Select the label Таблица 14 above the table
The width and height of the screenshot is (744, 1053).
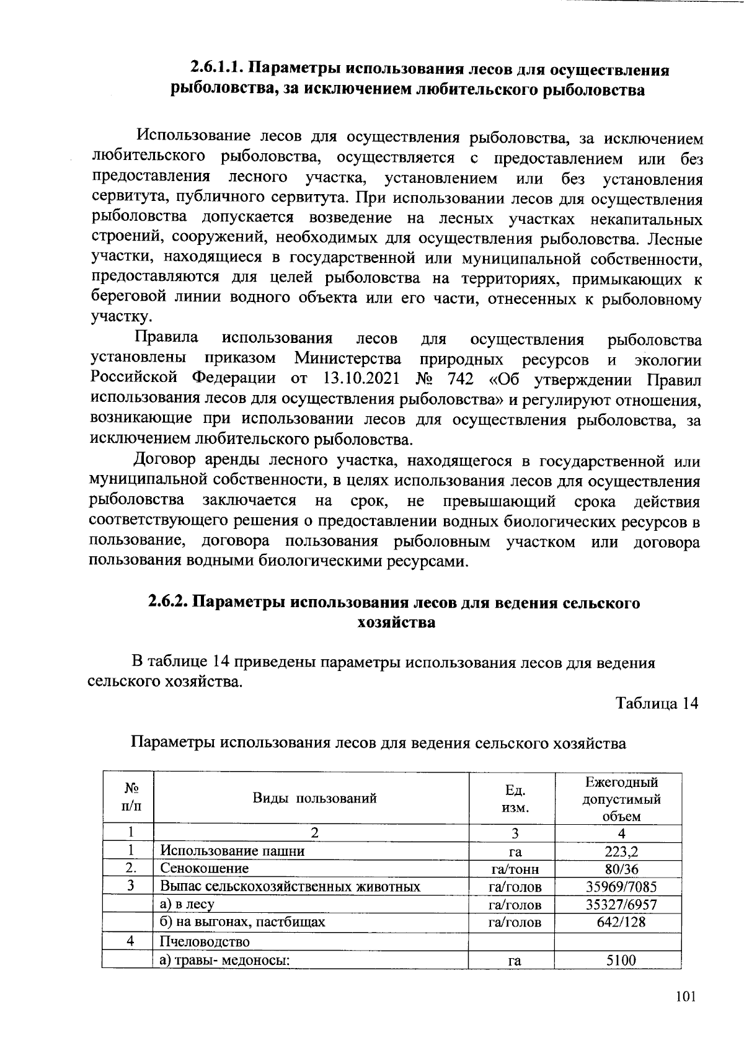point(657,703)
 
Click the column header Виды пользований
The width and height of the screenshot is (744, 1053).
point(314,798)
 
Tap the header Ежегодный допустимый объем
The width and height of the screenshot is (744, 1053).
point(621,799)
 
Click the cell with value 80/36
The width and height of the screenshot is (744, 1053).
point(621,869)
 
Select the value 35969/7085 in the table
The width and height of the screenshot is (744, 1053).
point(621,887)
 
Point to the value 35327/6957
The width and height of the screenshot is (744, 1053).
point(621,904)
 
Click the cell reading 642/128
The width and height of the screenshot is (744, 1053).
point(621,922)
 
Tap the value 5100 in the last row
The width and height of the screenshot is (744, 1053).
point(621,961)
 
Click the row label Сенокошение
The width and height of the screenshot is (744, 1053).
point(204,868)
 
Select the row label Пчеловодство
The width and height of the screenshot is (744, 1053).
point(205,942)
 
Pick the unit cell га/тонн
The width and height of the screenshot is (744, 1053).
point(514,869)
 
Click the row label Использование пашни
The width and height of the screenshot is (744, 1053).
point(232,851)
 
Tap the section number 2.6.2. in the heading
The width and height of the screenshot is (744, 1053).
point(169,603)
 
